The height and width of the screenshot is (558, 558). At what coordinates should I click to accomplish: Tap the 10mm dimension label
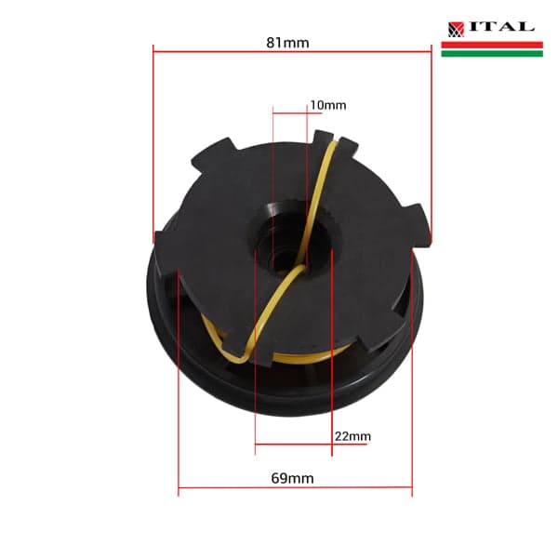pyautogui.click(x=327, y=105)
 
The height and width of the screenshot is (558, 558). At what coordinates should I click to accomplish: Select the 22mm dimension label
pyautogui.click(x=352, y=436)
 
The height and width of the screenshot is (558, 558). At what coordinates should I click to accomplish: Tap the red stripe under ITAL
pyautogui.click(x=491, y=44)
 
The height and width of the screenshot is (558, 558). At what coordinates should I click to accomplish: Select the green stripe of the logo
pyautogui.click(x=491, y=53)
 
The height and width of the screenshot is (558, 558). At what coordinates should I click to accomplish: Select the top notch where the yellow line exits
pyautogui.click(x=336, y=141)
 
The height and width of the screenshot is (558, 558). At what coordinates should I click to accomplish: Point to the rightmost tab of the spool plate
pyautogui.click(x=420, y=225)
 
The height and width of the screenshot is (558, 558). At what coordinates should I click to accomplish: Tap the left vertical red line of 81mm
pyautogui.click(x=153, y=139)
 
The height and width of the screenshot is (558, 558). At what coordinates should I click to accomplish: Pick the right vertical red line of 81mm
pyautogui.click(x=432, y=139)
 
